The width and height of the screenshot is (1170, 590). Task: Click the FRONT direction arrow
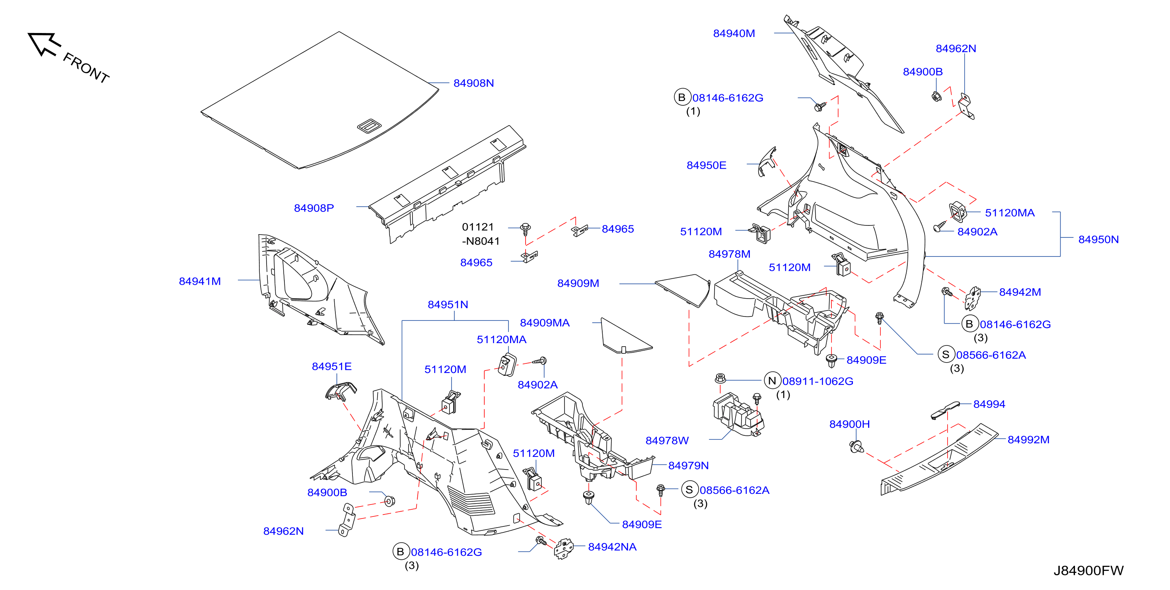tap(44, 44)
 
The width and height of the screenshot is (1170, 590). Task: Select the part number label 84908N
tap(473, 83)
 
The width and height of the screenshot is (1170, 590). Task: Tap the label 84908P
tap(314, 208)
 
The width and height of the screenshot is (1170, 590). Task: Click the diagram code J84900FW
tap(1088, 571)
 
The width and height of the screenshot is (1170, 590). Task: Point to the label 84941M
tap(200, 281)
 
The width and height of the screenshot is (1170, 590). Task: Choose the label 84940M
tap(734, 33)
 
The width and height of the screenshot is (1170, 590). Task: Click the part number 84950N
tap(1098, 239)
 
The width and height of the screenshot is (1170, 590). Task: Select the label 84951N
tap(448, 305)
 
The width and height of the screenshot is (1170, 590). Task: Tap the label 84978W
tap(667, 440)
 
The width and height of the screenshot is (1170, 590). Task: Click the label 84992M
tap(1028, 439)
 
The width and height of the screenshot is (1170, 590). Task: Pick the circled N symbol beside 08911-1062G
tap(772, 380)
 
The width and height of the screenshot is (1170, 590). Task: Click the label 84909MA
tap(545, 323)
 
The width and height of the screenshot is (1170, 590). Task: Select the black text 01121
tap(478, 227)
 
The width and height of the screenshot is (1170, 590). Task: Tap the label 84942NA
tap(612, 547)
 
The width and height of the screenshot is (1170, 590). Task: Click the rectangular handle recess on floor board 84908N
tap(370, 126)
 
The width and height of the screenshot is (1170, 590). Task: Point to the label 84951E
tap(331, 366)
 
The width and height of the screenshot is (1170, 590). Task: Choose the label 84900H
tap(849, 424)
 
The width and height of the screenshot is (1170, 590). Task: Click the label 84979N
tap(688, 465)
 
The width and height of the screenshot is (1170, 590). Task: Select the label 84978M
tap(730, 254)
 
